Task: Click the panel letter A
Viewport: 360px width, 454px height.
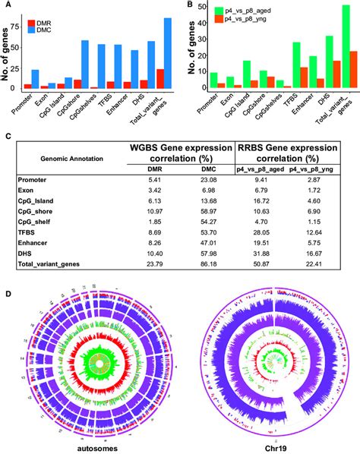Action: pos(8,5)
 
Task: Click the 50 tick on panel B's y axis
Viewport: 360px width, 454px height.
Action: pos(199,6)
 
